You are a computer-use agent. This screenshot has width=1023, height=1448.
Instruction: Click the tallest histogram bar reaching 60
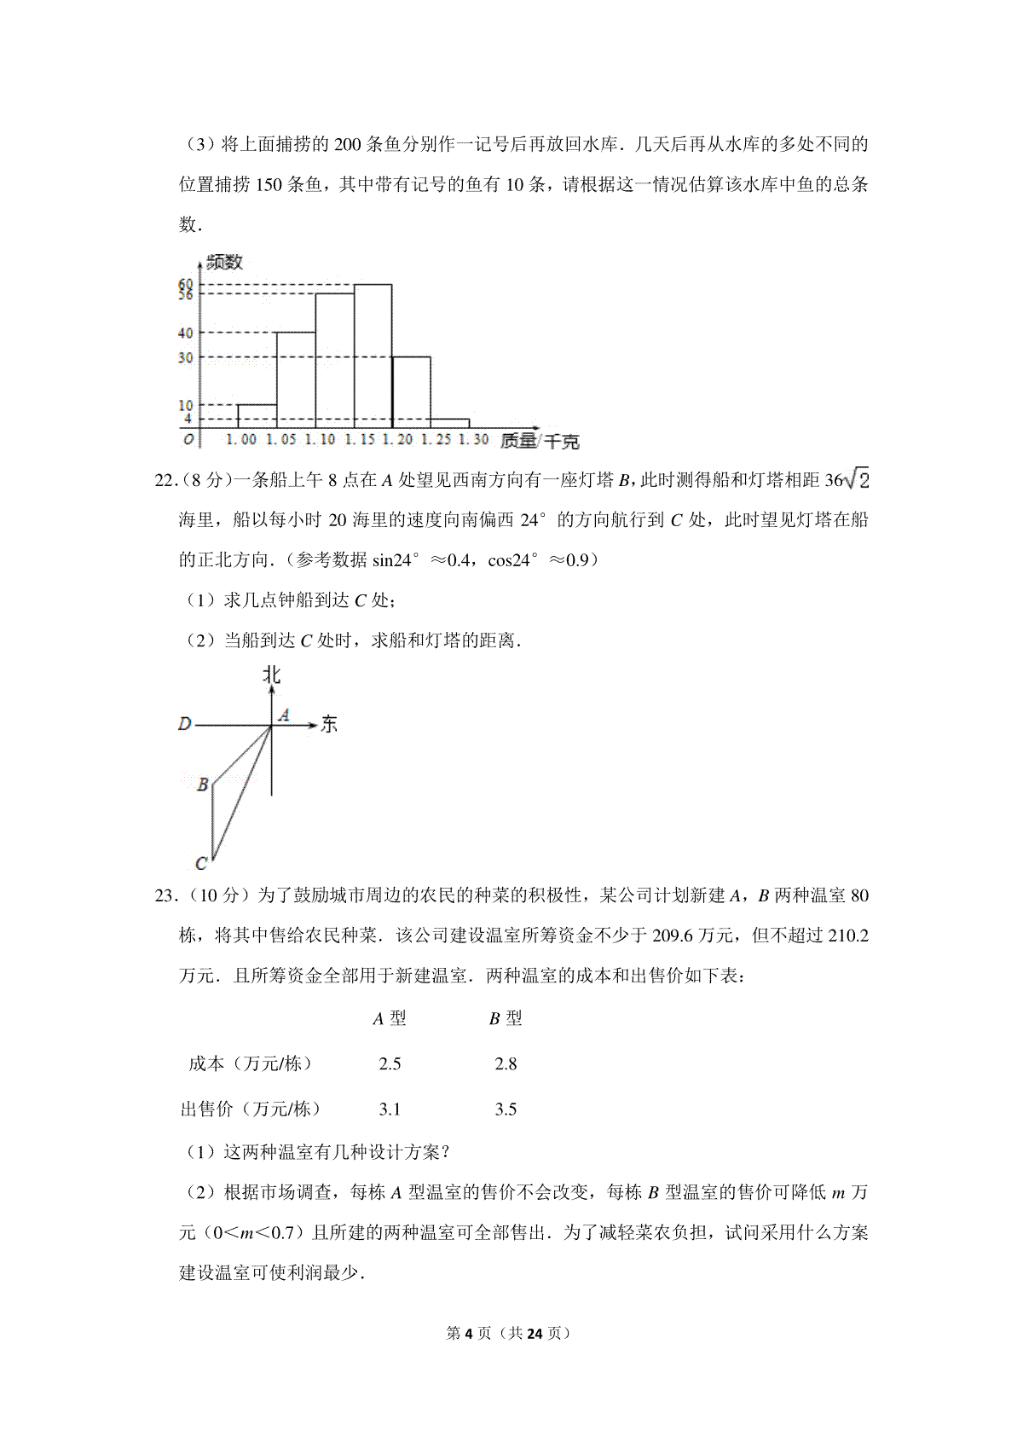[x=373, y=356]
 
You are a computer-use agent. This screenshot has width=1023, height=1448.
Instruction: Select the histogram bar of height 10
[x=257, y=416]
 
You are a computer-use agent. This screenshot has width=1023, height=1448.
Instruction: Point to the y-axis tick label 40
[x=185, y=333]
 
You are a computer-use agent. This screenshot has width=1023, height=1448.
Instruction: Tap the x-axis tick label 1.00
[x=240, y=440]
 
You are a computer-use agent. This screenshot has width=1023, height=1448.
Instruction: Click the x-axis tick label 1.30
[x=473, y=440]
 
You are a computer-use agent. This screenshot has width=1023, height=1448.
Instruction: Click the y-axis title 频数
[x=224, y=262]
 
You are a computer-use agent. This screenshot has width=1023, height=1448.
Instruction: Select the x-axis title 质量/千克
[x=540, y=441]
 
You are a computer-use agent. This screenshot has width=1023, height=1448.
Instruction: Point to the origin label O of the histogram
[x=188, y=440]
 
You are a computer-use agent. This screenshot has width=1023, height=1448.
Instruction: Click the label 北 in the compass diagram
[x=271, y=675]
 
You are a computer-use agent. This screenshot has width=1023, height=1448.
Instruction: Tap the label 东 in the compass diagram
[x=329, y=725]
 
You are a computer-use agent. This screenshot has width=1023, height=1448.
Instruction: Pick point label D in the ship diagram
[x=184, y=725]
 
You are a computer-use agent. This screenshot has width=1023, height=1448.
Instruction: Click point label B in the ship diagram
[x=203, y=785]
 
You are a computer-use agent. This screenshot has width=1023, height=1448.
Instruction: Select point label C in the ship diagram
[x=201, y=864]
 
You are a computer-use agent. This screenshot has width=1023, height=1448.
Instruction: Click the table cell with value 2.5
[x=390, y=1064]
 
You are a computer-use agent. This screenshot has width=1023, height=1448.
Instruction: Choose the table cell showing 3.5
[x=506, y=1109]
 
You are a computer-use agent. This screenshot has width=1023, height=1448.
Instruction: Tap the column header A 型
[x=390, y=1019]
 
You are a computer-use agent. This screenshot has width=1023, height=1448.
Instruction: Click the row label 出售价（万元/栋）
[x=251, y=1109]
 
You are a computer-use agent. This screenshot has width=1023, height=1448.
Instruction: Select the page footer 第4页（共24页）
[x=508, y=1333]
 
